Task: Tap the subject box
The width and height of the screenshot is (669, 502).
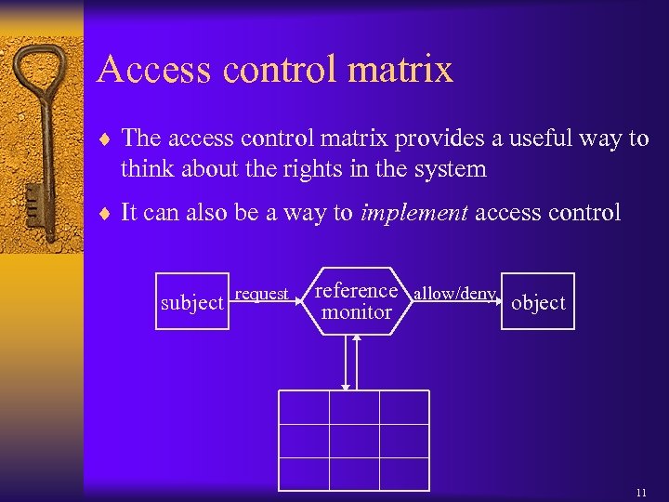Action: (x=192, y=302)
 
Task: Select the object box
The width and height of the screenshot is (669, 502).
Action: (x=538, y=302)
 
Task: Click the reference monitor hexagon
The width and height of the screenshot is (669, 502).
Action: (x=357, y=302)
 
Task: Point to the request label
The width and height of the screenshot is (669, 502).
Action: (x=261, y=294)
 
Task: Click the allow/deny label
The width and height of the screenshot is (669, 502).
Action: (x=454, y=294)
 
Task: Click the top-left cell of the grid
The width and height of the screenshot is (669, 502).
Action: (x=304, y=407)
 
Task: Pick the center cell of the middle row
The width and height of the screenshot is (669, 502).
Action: (x=354, y=441)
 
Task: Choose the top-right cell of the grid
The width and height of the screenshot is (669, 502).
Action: (x=404, y=407)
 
